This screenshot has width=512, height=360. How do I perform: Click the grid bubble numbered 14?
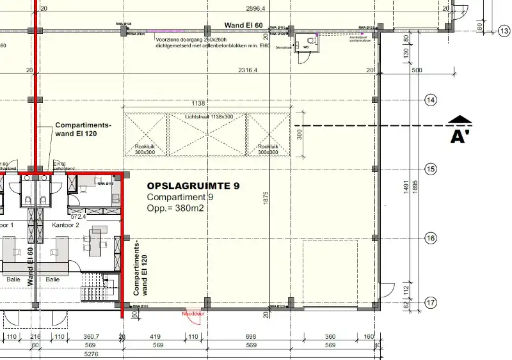pos(431,100)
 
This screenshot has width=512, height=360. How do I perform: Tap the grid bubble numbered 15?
pos(431,169)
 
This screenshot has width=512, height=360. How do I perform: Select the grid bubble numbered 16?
pos(431,238)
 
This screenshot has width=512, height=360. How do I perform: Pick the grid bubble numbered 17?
pos(431,302)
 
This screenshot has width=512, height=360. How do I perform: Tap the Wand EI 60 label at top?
pos(244,25)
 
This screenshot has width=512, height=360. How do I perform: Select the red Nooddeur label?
pos(192,314)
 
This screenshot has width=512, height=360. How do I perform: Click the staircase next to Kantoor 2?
pos(100,286)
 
